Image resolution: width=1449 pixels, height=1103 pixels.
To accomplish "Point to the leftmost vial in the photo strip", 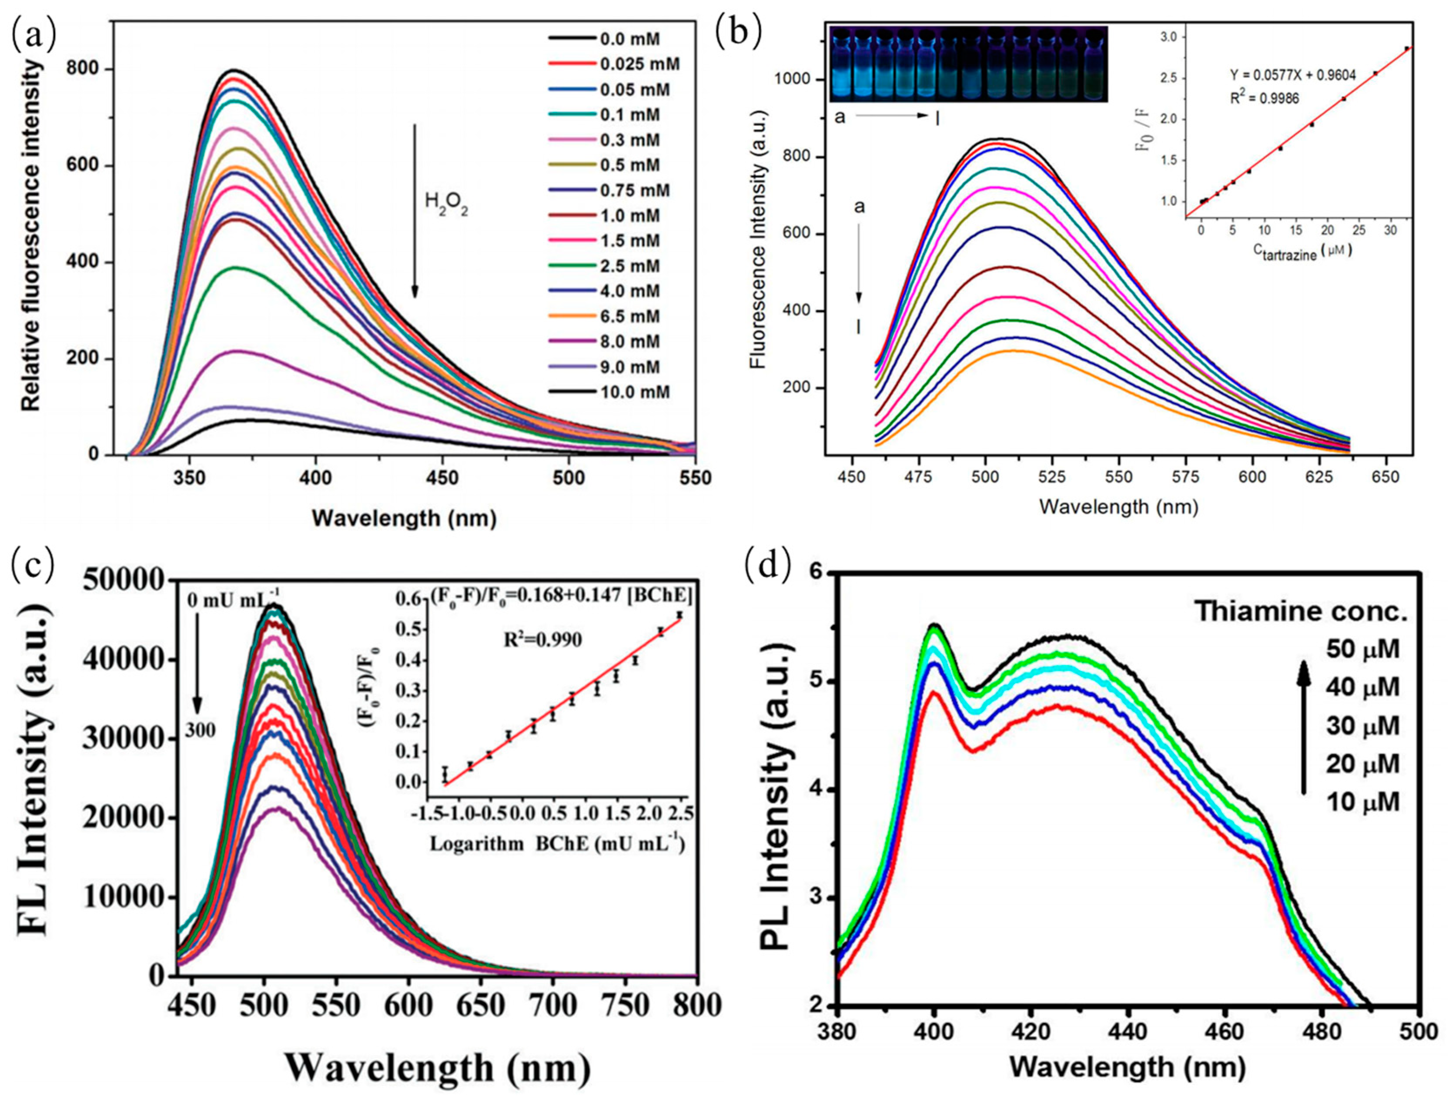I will pos(842,66).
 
